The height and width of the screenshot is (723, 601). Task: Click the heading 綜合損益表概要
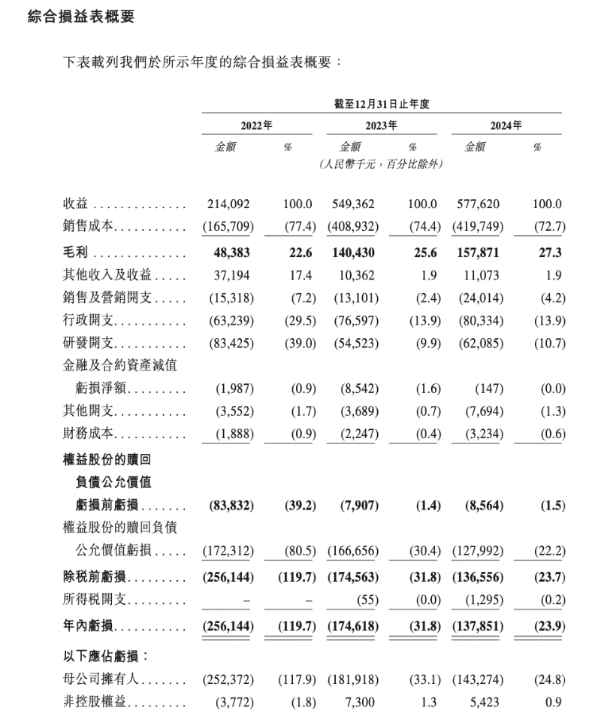(x=80, y=17)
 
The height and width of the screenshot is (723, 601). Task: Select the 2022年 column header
(x=256, y=126)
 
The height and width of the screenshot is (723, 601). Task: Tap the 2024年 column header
(x=506, y=126)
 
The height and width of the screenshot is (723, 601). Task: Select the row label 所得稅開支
(x=94, y=600)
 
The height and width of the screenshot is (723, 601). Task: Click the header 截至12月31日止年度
(x=381, y=104)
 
